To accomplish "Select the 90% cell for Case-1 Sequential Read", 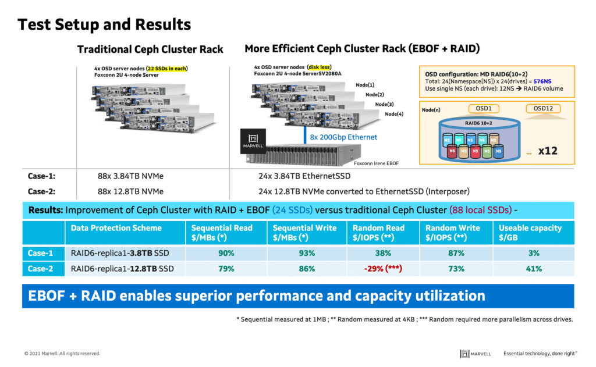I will (226, 253).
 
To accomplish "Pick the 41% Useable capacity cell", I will (534, 269).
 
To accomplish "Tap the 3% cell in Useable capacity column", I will (534, 253).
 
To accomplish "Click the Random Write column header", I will (453, 233).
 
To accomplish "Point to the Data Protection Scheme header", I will (116, 228).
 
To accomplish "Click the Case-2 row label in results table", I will (41, 269).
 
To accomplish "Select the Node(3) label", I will (384, 104).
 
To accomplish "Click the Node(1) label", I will (365, 85).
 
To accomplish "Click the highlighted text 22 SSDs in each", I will (166, 69).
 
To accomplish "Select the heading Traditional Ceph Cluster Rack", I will (150, 49).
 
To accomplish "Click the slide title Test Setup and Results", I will (104, 24).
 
